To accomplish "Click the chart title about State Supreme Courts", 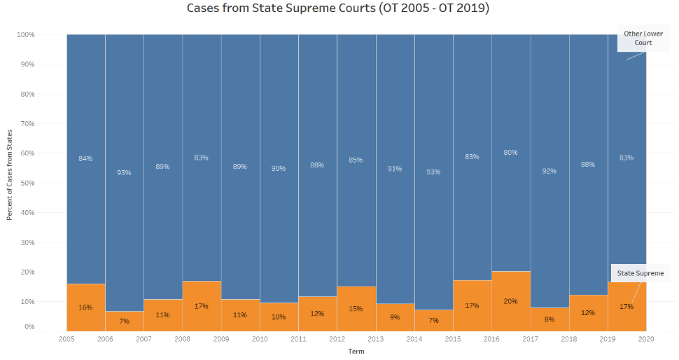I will coord(338,8).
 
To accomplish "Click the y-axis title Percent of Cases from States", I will coord(10,174).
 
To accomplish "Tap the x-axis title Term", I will coord(356,351).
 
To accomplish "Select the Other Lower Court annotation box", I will coord(638,39).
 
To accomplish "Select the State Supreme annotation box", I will coord(640,273).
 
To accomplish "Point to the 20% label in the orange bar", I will coord(510,301).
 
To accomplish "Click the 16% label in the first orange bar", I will coord(85,307).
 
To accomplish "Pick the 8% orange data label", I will coord(549,319).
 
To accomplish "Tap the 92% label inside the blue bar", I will coord(549,170).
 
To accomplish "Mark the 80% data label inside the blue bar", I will coord(510,152).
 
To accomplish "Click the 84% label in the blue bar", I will coord(85,158).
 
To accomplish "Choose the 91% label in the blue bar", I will coord(395,168).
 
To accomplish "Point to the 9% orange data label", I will coord(395,317).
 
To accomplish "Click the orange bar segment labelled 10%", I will coord(279,317).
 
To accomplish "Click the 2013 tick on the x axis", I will coord(376,338).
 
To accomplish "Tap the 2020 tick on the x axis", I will coord(646,338).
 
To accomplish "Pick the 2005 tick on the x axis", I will coord(66,338).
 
